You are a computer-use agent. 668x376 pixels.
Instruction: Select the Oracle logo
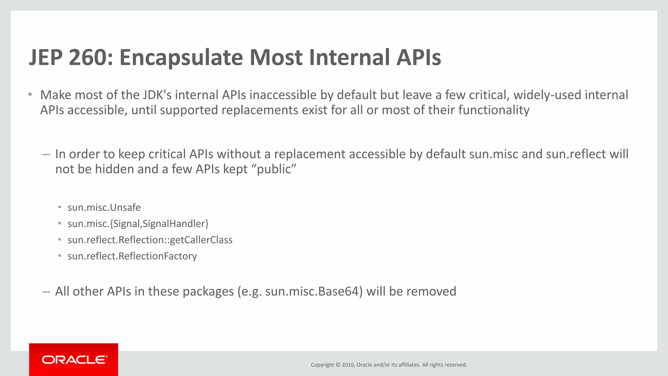point(74,360)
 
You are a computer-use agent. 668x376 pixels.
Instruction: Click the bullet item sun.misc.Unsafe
point(104,208)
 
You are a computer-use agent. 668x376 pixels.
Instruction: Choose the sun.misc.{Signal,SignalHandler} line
point(138,224)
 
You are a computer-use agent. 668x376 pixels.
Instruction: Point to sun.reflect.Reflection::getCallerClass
point(150,240)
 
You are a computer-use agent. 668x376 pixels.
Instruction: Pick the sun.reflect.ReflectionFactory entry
point(132,256)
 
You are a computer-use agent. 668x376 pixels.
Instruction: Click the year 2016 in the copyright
point(348,365)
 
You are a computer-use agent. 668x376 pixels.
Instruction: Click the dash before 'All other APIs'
point(46,291)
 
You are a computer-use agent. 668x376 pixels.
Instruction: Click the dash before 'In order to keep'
point(46,154)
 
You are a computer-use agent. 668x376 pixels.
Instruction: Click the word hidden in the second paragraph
point(114,169)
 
